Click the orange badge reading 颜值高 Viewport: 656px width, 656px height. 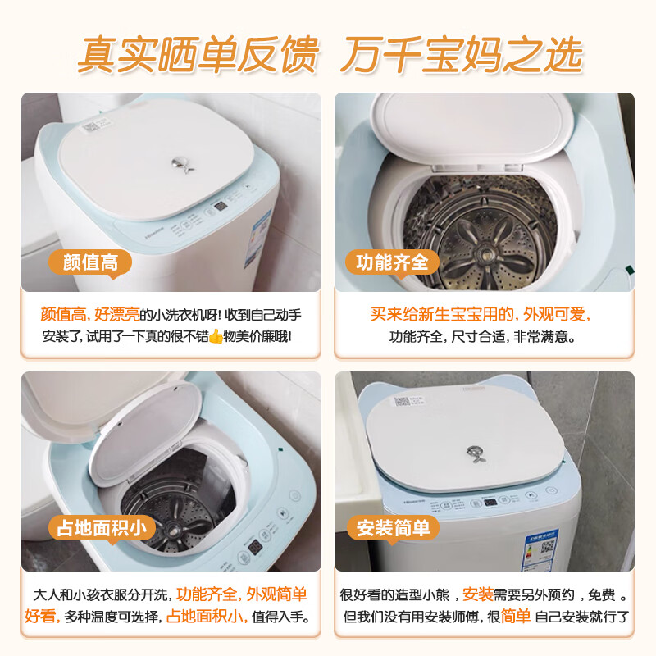(x=91, y=262)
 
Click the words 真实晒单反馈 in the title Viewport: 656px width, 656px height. (x=197, y=54)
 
